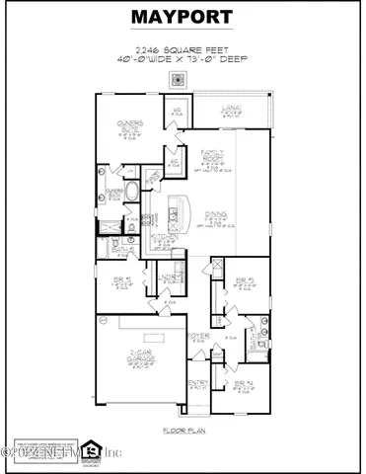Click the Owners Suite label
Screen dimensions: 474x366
(131, 128)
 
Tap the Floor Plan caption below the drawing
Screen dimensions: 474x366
(183, 431)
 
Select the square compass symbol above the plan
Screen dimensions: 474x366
(179, 80)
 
